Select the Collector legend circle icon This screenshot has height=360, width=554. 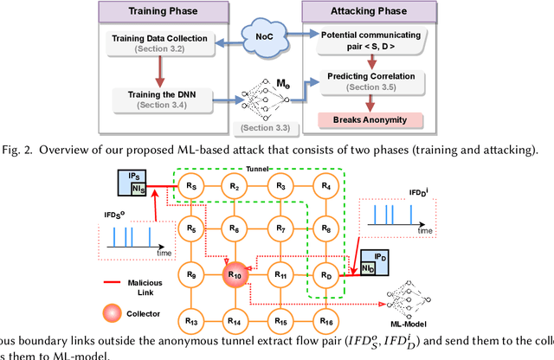point(108,311)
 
